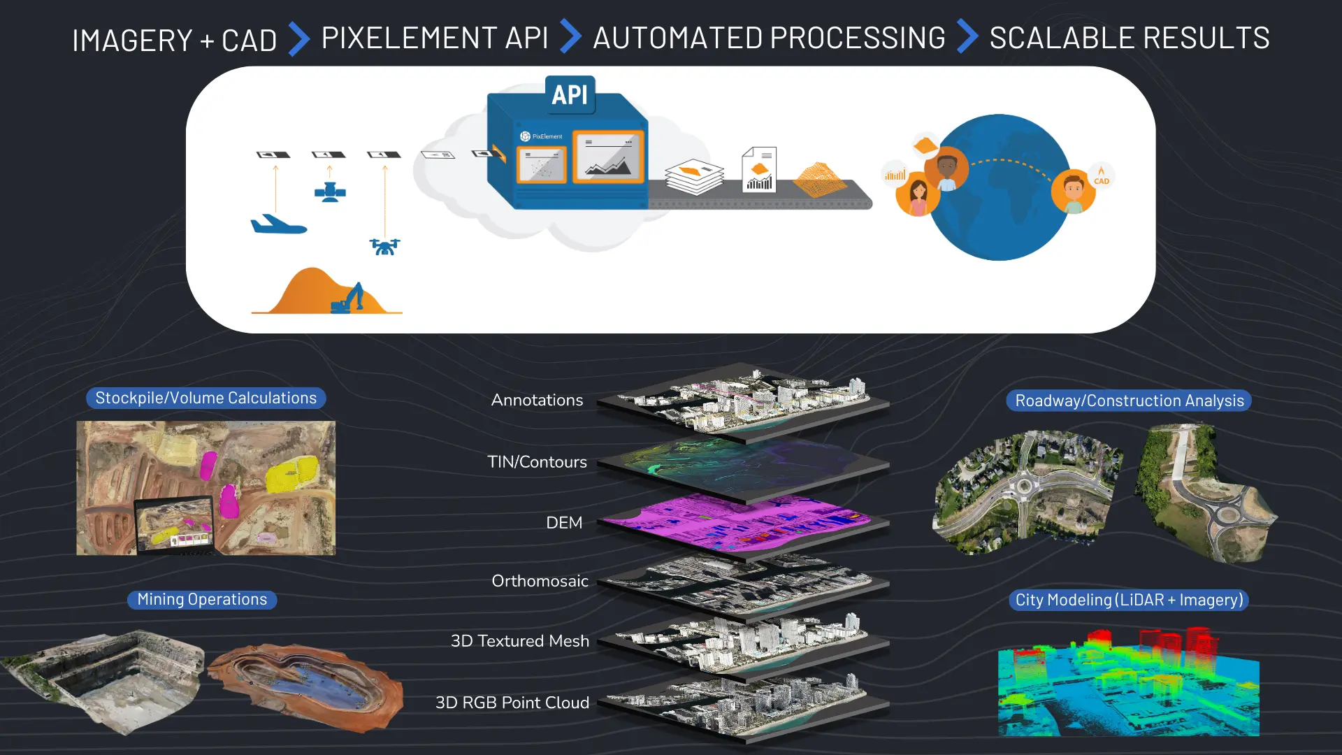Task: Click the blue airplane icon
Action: pyautogui.click(x=278, y=224)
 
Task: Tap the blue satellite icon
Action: pyautogui.click(x=330, y=192)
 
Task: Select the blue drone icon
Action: pyautogui.click(x=384, y=246)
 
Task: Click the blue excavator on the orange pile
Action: pyautogui.click(x=349, y=299)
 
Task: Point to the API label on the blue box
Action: pyautogui.click(x=570, y=94)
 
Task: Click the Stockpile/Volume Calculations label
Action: pyautogui.click(x=205, y=398)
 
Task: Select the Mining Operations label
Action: pyautogui.click(x=202, y=599)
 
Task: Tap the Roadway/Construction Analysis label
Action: pyautogui.click(x=1129, y=401)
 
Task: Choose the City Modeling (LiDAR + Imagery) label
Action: pyautogui.click(x=1129, y=600)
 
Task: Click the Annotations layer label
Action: pyautogui.click(x=537, y=400)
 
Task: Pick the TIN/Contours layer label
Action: pyautogui.click(x=537, y=461)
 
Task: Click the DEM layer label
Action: pyautogui.click(x=564, y=522)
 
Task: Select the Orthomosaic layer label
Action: pyautogui.click(x=540, y=580)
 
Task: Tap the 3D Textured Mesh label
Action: pyautogui.click(x=519, y=640)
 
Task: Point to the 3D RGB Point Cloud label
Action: pyautogui.click(x=512, y=702)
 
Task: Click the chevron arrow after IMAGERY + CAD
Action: pyautogui.click(x=298, y=38)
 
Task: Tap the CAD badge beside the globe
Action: pyautogui.click(x=1101, y=176)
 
